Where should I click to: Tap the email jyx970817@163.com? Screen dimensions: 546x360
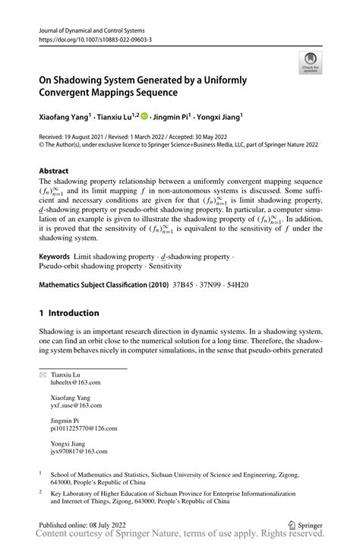point(74,451)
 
